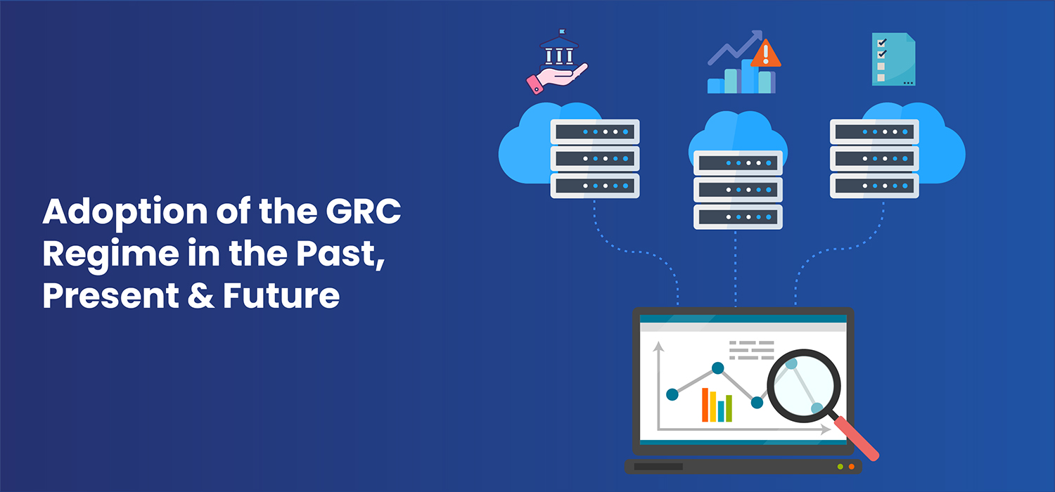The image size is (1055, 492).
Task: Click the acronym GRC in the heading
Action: click(363, 211)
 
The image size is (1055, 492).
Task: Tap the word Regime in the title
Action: click(110, 254)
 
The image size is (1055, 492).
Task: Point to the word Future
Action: click(281, 296)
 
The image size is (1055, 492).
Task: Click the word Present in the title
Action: click(110, 296)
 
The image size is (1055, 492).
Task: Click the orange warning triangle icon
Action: click(765, 54)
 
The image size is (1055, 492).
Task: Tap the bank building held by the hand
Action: click(559, 49)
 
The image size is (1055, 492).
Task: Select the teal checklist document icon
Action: click(893, 59)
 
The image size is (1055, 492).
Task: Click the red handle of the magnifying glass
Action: click(856, 439)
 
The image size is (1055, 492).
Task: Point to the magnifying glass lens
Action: click(803, 386)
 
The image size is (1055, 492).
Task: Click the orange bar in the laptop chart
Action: click(705, 404)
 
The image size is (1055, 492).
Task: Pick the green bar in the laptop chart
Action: click(729, 408)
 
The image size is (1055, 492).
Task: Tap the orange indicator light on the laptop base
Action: click(852, 467)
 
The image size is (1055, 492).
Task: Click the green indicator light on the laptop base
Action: click(840, 467)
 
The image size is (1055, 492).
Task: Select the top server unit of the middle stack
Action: click(738, 163)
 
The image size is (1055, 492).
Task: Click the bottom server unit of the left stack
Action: click(595, 186)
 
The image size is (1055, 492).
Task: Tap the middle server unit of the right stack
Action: click(874, 159)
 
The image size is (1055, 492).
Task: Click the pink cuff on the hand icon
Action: click(535, 85)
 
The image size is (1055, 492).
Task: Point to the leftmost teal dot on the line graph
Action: click(672, 394)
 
